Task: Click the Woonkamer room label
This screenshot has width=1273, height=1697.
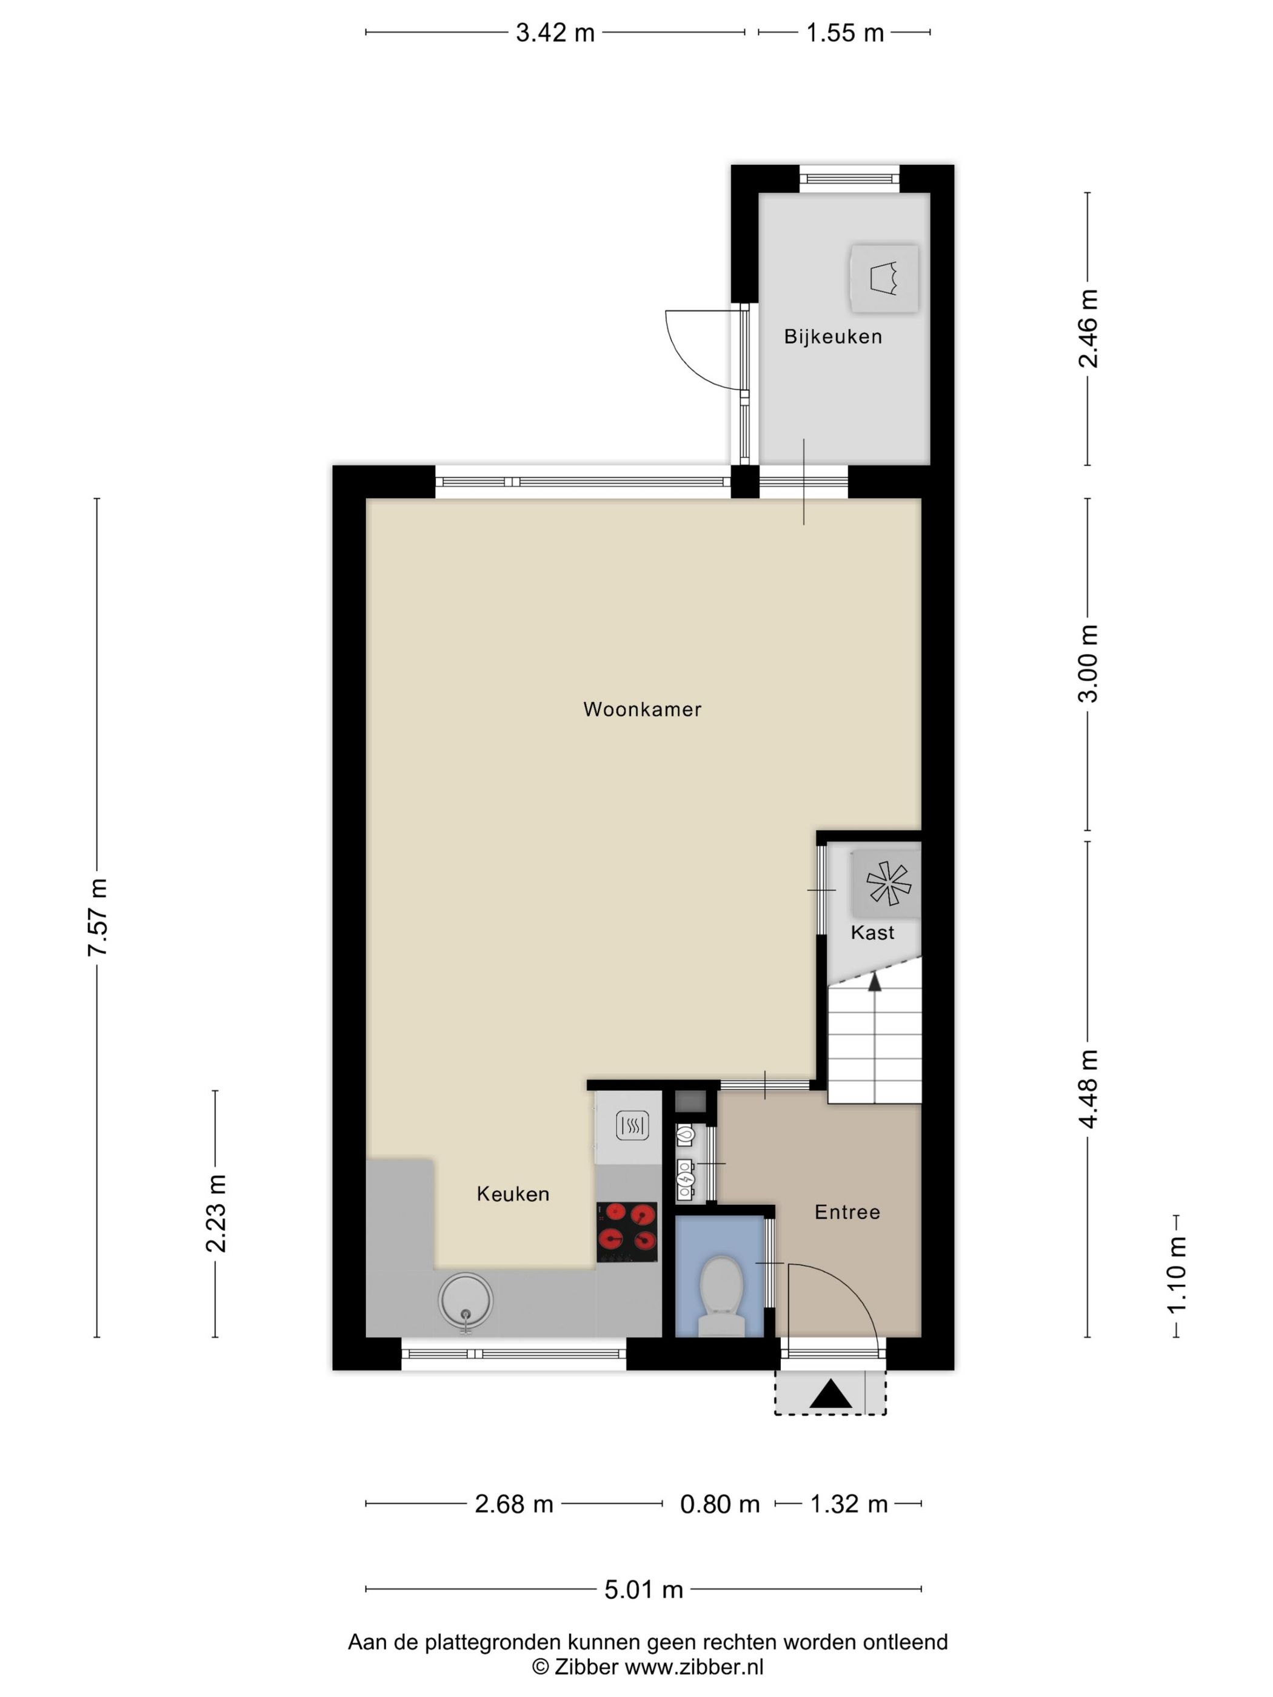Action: coord(642,709)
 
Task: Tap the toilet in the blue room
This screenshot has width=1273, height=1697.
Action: coord(721,1295)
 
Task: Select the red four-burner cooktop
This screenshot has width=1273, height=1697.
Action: coord(627,1232)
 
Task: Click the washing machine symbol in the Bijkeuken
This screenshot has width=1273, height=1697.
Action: coord(884,278)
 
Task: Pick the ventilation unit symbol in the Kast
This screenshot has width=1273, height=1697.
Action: coord(887,883)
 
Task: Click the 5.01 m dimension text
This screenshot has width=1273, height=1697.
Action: coord(644,1590)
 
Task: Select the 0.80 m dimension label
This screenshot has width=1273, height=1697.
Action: coord(720,1504)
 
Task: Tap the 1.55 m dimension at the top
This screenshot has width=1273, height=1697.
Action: coord(845,33)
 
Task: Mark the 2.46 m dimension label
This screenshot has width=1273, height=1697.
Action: coord(1088,328)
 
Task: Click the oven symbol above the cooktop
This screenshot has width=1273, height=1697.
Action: coord(632,1126)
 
